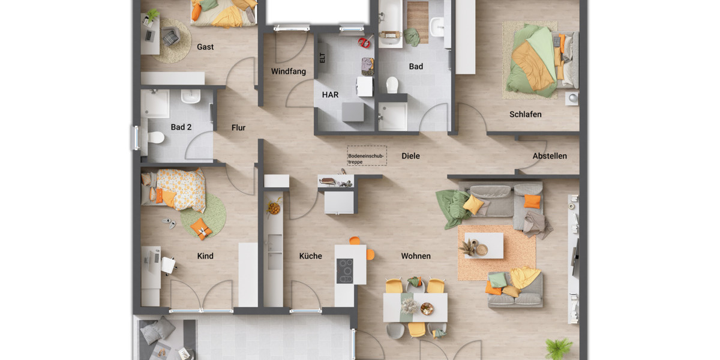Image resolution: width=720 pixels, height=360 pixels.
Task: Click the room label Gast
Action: coord(205,47)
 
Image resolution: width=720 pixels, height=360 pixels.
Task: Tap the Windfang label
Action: coord(288,71)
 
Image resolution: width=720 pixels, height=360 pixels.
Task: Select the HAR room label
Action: coord(330,95)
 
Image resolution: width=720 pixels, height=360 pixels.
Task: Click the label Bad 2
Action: coord(181,127)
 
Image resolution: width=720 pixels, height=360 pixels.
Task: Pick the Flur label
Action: coord(239,127)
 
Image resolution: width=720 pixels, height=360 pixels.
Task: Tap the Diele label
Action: coord(411,156)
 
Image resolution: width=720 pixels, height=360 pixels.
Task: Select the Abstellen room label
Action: coord(550,156)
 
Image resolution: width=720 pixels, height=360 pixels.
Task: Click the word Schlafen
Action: coord(526,114)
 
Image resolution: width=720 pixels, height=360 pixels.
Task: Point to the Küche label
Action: coord(311,256)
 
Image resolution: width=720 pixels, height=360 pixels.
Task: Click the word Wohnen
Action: coord(416,256)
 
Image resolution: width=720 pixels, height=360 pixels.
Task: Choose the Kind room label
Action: coord(205,256)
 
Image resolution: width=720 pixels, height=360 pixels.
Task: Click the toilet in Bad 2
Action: coord(156,138)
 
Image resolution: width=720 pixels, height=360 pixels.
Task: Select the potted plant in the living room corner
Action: coord(559,347)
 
